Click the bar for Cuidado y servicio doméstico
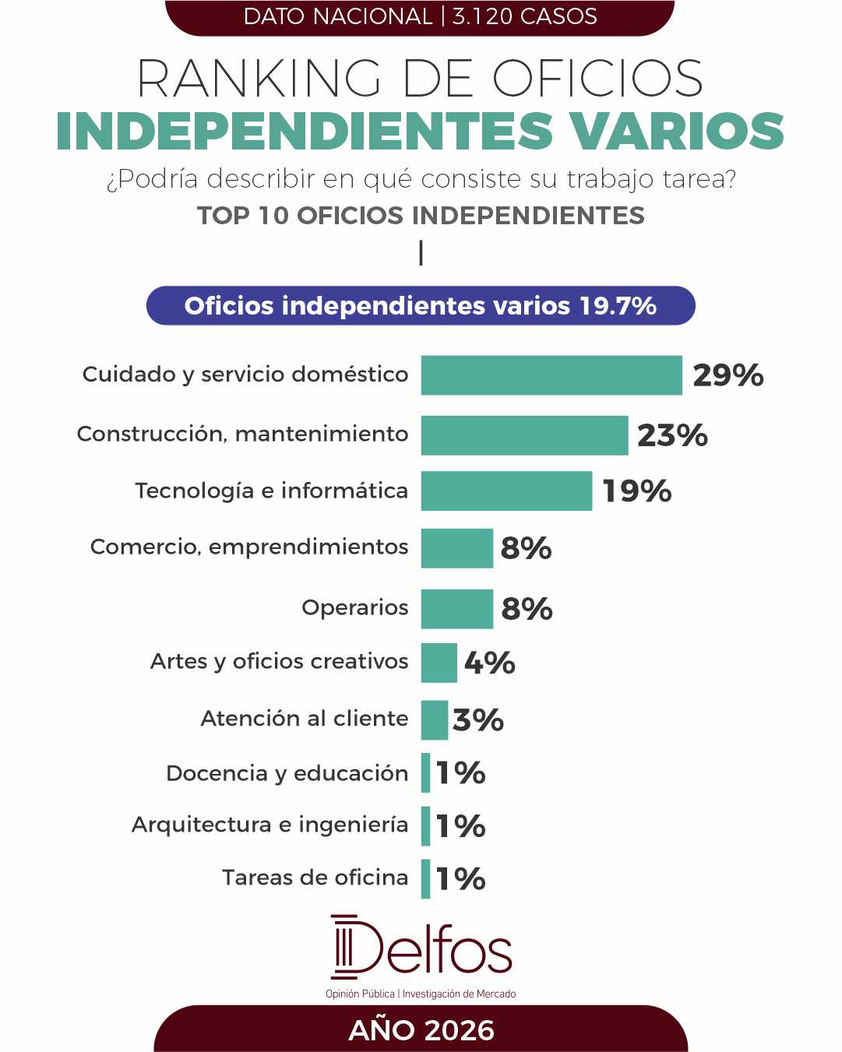click(551, 375)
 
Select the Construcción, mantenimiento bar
click(525, 435)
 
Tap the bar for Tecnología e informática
click(506, 491)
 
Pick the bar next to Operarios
click(457, 609)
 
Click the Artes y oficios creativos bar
click(439, 663)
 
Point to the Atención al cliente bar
click(435, 720)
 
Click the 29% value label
click(728, 375)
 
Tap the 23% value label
click(672, 435)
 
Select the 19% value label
click(637, 491)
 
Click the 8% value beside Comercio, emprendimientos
click(526, 548)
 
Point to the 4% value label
click(489, 663)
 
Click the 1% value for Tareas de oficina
click(460, 879)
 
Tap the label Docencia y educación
click(287, 774)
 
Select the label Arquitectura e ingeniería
click(270, 825)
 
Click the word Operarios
click(355, 608)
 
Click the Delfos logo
click(421, 953)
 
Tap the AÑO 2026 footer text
click(421, 1030)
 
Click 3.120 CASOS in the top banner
click(525, 16)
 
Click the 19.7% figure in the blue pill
click(618, 306)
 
